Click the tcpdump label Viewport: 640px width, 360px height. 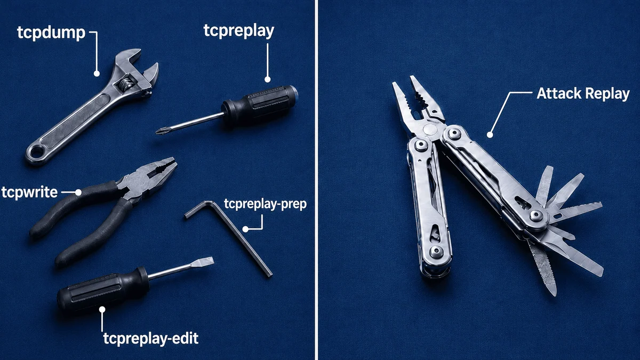[x=51, y=33]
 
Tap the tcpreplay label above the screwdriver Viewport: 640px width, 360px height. [x=239, y=31]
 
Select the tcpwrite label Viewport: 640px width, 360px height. [x=29, y=193]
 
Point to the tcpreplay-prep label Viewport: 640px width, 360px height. [x=265, y=204]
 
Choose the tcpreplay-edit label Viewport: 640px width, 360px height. [x=150, y=339]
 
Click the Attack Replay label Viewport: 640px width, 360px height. [x=583, y=93]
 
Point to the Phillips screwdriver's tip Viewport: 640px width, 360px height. [x=157, y=132]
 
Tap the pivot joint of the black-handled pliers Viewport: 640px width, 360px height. [x=137, y=181]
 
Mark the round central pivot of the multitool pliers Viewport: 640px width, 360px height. [x=430, y=130]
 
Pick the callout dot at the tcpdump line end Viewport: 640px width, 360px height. [x=97, y=74]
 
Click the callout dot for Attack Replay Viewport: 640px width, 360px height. [x=490, y=135]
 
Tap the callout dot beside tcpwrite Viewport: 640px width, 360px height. [x=78, y=193]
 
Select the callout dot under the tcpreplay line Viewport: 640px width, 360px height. [x=267, y=79]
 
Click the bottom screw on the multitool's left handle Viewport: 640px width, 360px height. [x=436, y=251]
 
